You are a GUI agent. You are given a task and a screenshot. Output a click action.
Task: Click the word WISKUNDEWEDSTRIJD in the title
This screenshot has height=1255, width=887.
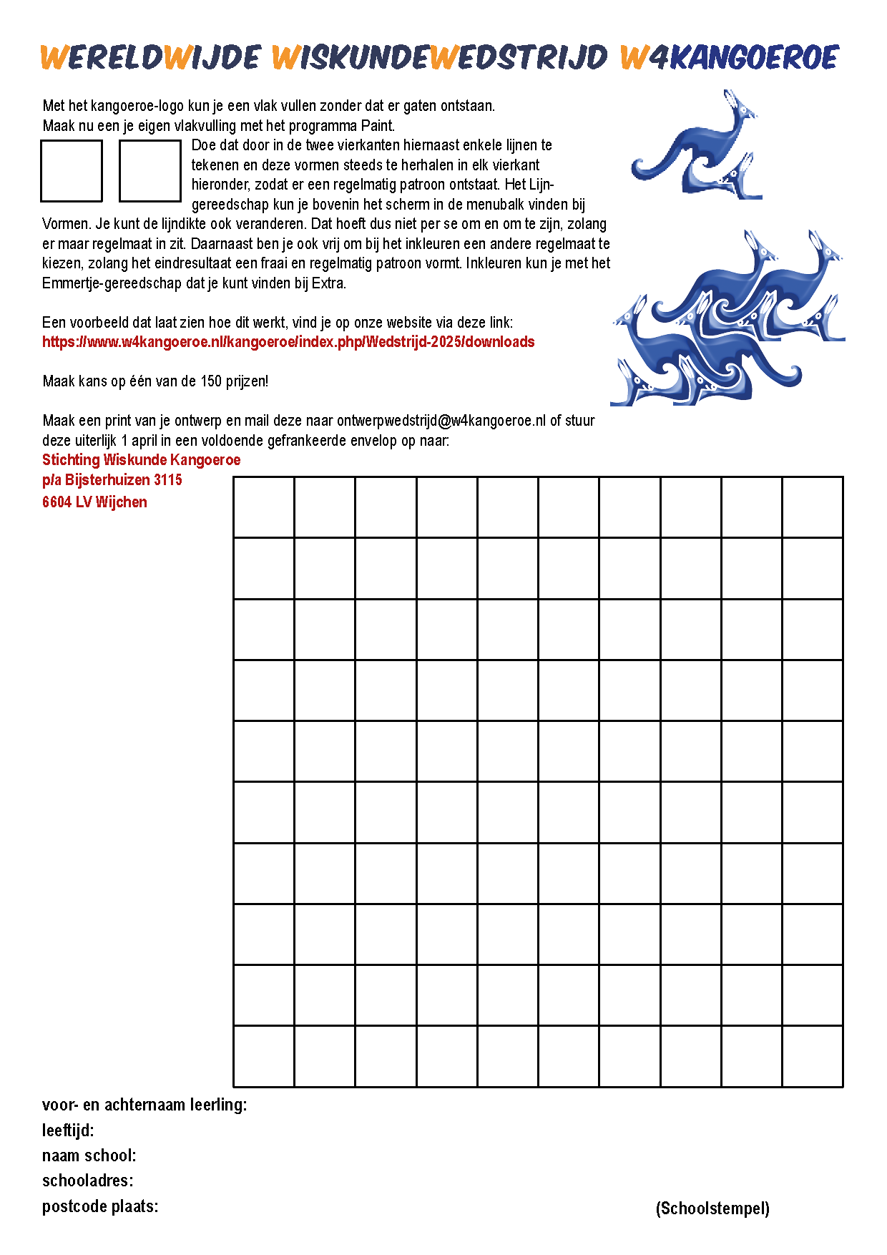(440, 57)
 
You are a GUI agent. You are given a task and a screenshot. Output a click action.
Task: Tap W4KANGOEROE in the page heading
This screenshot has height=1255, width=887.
(729, 57)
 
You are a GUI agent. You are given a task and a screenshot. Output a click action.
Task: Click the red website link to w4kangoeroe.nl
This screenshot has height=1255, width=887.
(288, 342)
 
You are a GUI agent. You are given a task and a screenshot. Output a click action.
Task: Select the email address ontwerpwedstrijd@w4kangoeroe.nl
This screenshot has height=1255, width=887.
(441, 421)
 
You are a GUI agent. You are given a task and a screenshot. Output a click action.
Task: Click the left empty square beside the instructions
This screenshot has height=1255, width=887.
(72, 171)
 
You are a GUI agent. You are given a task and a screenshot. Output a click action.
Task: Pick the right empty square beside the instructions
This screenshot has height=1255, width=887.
(150, 171)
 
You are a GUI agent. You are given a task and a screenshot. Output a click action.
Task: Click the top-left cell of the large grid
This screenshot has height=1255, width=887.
(264, 507)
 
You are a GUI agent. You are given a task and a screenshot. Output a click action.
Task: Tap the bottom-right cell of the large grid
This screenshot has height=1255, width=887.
(813, 1056)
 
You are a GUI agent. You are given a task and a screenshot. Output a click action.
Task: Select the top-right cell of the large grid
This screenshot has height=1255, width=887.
(813, 507)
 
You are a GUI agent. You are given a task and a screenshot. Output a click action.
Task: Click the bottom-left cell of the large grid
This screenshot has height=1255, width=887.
(264, 1056)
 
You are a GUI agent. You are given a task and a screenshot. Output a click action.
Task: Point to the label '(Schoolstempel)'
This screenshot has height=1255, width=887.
(712, 1208)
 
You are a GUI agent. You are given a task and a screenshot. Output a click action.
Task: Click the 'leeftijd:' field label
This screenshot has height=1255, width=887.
(68, 1131)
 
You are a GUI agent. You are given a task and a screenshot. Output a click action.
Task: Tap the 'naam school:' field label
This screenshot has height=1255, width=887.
(89, 1156)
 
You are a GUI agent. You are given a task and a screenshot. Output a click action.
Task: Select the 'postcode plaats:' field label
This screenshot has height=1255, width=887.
(100, 1206)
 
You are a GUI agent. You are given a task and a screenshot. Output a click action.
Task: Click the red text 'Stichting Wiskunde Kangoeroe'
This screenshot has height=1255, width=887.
(141, 460)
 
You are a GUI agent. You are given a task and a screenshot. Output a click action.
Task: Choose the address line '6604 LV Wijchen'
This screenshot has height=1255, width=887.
(94, 502)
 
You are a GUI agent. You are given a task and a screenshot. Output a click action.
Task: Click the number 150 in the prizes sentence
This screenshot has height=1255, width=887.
(211, 381)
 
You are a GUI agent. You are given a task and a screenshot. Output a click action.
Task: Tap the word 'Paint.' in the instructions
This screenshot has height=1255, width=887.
(377, 126)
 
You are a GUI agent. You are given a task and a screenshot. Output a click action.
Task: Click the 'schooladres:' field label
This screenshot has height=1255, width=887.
(87, 1181)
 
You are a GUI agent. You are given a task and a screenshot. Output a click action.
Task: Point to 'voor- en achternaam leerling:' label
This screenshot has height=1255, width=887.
(144, 1105)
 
